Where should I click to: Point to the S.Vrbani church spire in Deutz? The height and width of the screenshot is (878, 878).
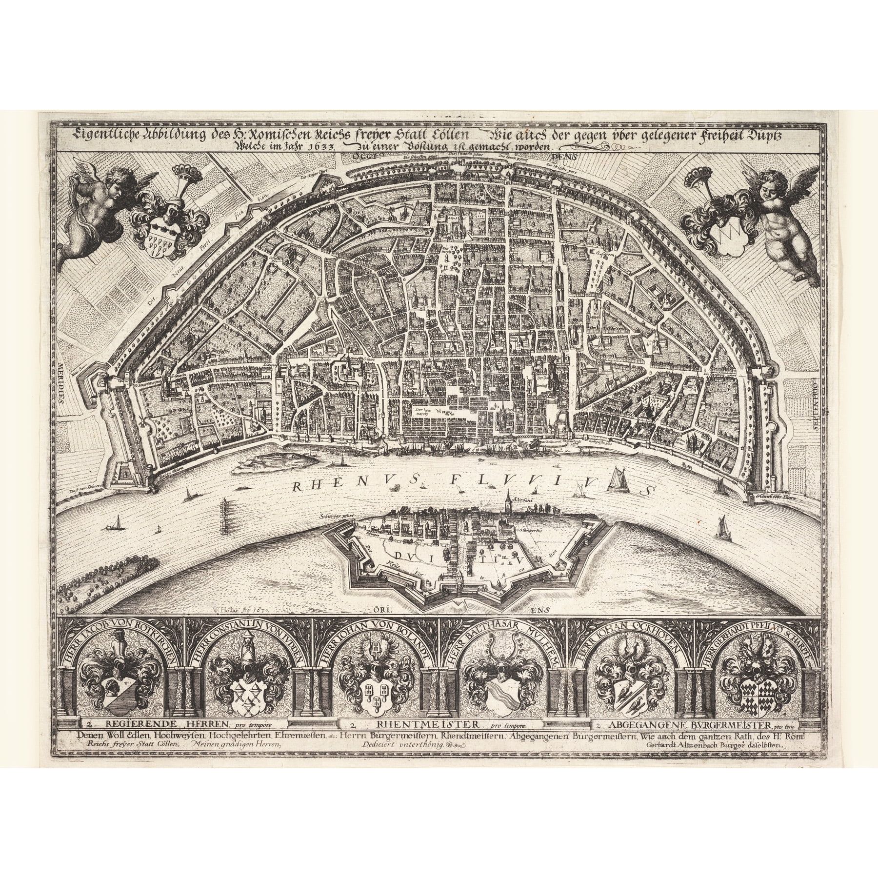click(509, 505)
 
